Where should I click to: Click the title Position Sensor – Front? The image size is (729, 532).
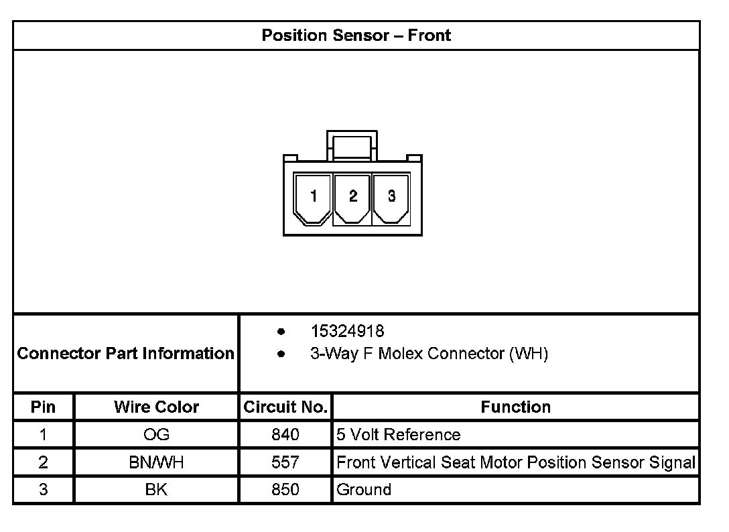click(356, 36)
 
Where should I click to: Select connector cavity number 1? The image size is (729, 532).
click(314, 196)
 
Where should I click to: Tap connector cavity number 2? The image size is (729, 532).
click(352, 196)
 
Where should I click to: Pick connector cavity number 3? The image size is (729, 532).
click(391, 196)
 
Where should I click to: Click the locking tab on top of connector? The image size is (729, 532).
click(352, 144)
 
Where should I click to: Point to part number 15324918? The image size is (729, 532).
click(347, 331)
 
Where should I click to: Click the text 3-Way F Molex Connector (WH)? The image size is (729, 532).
click(429, 353)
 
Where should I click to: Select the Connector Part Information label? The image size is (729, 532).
click(126, 353)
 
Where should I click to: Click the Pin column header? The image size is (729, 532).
click(44, 407)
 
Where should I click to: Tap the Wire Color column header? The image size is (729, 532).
click(156, 407)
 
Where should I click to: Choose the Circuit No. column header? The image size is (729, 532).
click(285, 407)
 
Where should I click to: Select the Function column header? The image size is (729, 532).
click(515, 407)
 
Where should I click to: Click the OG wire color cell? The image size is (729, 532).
click(156, 435)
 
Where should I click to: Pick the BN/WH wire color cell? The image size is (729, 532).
click(156, 462)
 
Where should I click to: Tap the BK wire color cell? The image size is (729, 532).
click(156, 490)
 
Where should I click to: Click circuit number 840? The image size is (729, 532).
click(285, 435)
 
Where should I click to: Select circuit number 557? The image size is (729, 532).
click(285, 462)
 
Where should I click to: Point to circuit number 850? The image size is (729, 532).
click(285, 490)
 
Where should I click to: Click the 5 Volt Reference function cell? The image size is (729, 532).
click(399, 435)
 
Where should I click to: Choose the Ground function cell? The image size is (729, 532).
click(364, 490)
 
